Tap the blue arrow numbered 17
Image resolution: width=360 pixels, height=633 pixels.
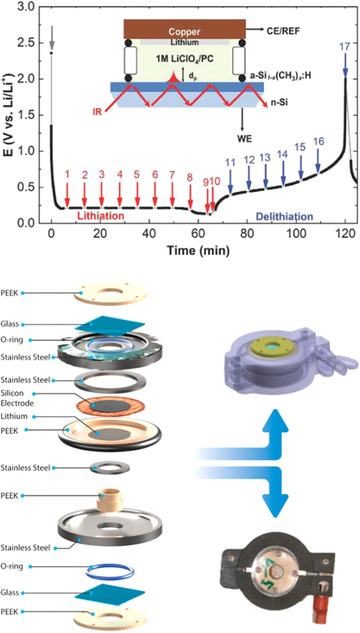point(345,65)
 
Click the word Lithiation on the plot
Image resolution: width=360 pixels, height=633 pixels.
point(101,216)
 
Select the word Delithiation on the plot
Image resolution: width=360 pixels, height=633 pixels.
point(284,216)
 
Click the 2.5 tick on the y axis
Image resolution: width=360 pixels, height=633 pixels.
point(26,42)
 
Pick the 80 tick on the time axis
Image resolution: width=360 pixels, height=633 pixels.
point(247,234)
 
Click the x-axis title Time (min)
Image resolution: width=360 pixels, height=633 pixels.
point(198,250)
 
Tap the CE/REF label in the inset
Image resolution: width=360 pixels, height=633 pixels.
point(283,31)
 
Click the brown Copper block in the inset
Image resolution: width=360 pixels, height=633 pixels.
point(184,29)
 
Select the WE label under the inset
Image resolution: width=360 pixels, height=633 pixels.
point(244,139)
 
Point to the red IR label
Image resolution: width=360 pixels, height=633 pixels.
point(97,112)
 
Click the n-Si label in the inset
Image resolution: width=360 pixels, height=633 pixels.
point(279,103)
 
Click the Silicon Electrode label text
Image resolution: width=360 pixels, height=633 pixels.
point(17,398)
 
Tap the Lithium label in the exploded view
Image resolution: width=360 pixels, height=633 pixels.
point(14,416)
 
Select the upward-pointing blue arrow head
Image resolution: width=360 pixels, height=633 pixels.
point(275,421)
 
